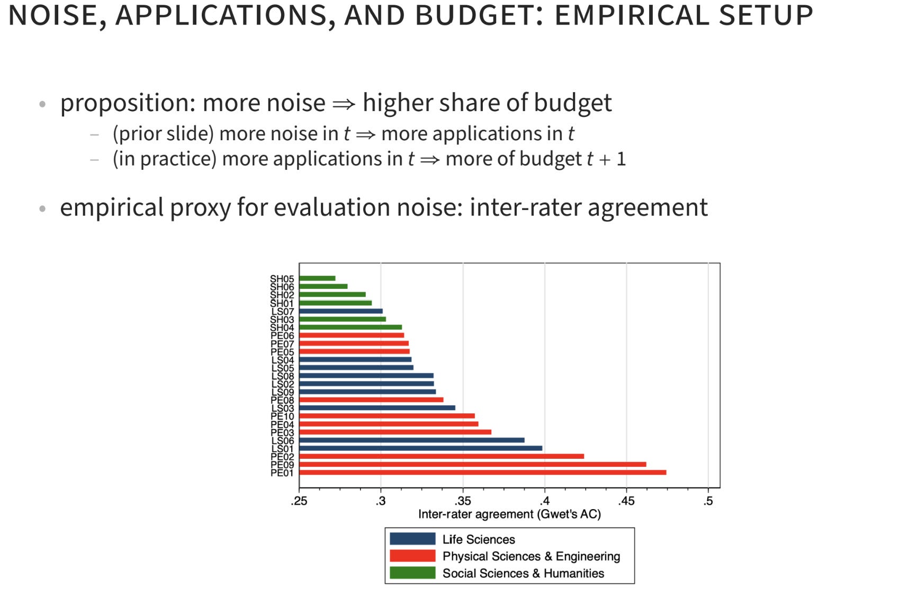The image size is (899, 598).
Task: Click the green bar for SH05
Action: pyautogui.click(x=318, y=278)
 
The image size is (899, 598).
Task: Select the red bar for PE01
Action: pyautogui.click(x=483, y=473)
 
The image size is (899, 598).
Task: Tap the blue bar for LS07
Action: pyautogui.click(x=341, y=311)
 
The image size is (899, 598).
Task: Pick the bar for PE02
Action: pyautogui.click(x=442, y=456)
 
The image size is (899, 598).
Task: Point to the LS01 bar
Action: pyautogui.click(x=421, y=448)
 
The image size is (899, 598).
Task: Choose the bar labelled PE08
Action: pyautogui.click(x=372, y=400)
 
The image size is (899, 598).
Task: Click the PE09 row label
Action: pyautogui.click(x=282, y=465)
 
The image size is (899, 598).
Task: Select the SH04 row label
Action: pyautogui.click(x=282, y=328)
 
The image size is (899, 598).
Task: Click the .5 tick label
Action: pyautogui.click(x=708, y=501)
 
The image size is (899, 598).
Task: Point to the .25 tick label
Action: pyautogui.click(x=299, y=501)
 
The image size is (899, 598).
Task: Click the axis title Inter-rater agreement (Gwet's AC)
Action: pyautogui.click(x=510, y=514)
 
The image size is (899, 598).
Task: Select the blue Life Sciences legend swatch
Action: pyautogui.click(x=412, y=539)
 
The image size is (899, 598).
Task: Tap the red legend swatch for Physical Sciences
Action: pyautogui.click(x=412, y=556)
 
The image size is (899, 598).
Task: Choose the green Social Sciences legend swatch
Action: pyautogui.click(x=412, y=573)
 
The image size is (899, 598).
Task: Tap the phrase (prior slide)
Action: pyautogui.click(x=164, y=133)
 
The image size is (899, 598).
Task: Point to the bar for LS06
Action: pyautogui.click(x=412, y=440)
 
